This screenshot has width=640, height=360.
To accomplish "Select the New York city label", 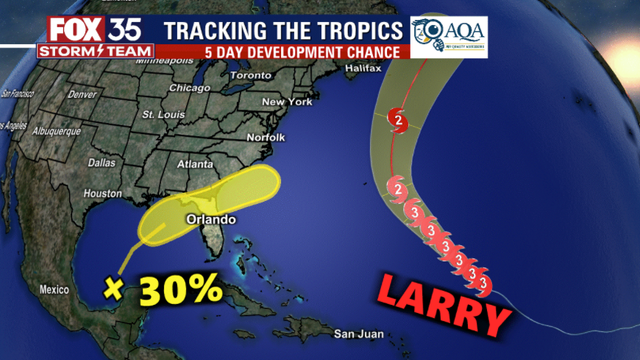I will (286, 103).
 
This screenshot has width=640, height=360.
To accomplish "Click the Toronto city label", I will (250, 76).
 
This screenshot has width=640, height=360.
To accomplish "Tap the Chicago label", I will (188, 88).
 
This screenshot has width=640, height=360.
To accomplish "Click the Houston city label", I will (103, 192).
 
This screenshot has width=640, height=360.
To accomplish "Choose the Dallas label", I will (102, 162).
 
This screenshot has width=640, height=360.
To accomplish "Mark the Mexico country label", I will (54, 290).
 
